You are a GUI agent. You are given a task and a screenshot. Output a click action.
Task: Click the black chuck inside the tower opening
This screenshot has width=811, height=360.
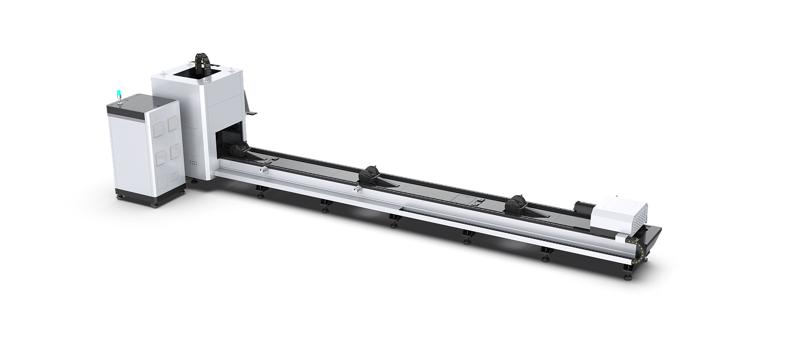click(x=236, y=150)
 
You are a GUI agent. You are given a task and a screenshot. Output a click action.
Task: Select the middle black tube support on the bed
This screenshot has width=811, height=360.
click(x=370, y=173)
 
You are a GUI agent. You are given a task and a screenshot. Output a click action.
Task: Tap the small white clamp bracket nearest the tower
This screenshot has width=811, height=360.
click(x=263, y=170)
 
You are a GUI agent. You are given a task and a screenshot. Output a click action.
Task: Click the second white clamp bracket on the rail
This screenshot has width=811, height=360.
click(x=357, y=190)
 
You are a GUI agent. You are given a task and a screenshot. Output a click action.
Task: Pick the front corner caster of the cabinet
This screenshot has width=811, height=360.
click(x=156, y=204)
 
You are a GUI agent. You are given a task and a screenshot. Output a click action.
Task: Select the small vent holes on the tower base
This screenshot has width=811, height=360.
click(x=194, y=162)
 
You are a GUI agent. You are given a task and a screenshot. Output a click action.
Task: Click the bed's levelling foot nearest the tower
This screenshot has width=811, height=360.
click(x=261, y=192)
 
